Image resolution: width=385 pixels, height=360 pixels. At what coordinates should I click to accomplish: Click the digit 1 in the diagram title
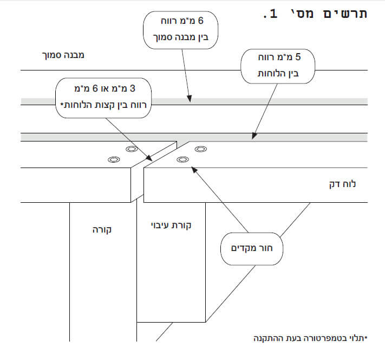[273, 14]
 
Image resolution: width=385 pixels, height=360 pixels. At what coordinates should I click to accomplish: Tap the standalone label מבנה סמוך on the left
[63, 55]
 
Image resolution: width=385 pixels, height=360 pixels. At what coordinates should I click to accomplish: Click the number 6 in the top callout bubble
[200, 21]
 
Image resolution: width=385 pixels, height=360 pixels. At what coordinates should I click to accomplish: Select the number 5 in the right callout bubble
[298, 57]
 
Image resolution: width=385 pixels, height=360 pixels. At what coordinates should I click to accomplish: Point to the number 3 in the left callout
[133, 88]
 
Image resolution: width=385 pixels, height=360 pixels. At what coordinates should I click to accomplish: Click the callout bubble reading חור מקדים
[252, 249]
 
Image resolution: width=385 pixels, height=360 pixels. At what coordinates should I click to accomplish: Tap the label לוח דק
[342, 184]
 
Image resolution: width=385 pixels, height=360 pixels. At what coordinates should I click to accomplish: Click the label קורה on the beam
[102, 230]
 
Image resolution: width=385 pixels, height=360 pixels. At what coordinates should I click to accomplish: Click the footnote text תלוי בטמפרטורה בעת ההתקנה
[310, 338]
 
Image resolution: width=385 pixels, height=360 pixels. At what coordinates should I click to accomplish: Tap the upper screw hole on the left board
[132, 149]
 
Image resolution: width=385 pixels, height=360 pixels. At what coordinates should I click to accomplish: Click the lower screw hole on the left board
[114, 159]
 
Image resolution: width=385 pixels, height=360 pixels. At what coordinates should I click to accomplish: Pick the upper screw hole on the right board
[200, 149]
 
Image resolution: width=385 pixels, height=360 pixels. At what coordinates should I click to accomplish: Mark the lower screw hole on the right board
[182, 159]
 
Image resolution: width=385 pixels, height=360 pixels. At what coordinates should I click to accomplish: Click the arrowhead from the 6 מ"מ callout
[190, 99]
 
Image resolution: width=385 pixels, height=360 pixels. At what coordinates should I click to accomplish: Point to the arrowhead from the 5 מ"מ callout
[254, 136]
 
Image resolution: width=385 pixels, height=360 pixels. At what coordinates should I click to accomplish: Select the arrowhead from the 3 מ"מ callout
[149, 158]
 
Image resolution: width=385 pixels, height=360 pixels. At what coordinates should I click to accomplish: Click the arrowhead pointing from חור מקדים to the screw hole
[194, 170]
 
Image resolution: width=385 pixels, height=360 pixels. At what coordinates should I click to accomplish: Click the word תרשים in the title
[345, 14]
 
